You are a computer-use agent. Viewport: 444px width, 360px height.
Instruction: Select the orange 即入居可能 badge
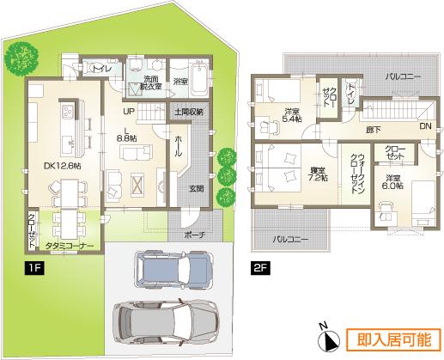(392, 339)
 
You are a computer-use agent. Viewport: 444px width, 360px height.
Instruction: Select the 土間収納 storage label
(189, 112)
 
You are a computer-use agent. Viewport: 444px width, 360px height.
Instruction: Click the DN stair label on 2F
(424, 126)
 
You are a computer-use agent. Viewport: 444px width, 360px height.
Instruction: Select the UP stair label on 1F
(128, 111)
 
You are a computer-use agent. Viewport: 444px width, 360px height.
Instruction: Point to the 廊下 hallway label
(373, 129)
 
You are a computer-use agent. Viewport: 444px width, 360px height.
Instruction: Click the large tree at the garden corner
(19, 59)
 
